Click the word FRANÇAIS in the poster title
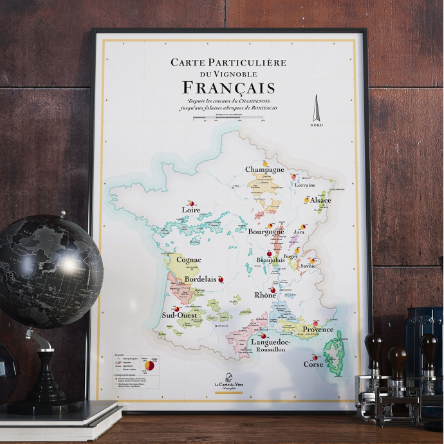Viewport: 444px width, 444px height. click(x=228, y=88)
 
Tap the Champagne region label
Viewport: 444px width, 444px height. click(x=264, y=169)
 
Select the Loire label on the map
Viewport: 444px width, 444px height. click(x=191, y=210)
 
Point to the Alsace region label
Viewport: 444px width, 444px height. click(x=320, y=201)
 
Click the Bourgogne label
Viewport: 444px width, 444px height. click(x=266, y=231)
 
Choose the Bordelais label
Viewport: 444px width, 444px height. click(x=200, y=281)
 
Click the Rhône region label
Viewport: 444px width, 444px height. click(x=265, y=295)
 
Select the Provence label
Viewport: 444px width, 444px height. click(x=318, y=329)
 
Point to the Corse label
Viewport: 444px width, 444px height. click(x=313, y=364)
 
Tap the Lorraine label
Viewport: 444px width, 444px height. click(x=305, y=185)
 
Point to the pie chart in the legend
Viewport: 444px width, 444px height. click(x=149, y=365)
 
